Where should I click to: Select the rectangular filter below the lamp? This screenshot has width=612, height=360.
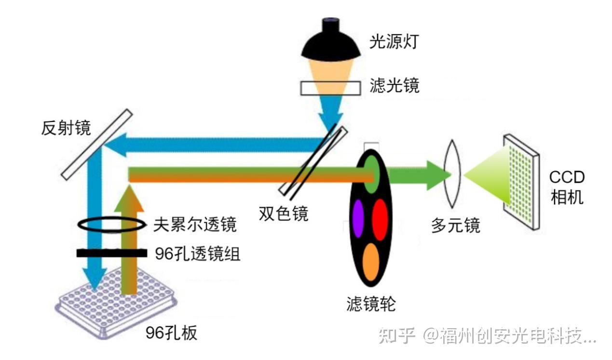pyautogui.click(x=330, y=88)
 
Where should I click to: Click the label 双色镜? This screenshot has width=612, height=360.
pyautogui.click(x=283, y=213)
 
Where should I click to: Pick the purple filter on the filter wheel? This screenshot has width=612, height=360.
pyautogui.click(x=358, y=218)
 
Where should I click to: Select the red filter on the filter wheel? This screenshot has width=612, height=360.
pyautogui.click(x=380, y=219)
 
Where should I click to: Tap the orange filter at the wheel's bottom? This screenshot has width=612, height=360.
pyautogui.click(x=370, y=262)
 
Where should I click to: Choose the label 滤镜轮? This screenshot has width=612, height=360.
pyautogui.click(x=371, y=303)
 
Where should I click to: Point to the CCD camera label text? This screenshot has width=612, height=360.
pyautogui.click(x=567, y=187)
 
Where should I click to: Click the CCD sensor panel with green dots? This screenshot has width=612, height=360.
pyautogui.click(x=521, y=181)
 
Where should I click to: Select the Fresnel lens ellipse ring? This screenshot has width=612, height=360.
pyautogui.click(x=111, y=225)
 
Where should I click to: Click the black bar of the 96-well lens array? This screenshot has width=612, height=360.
pyautogui.click(x=111, y=253)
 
